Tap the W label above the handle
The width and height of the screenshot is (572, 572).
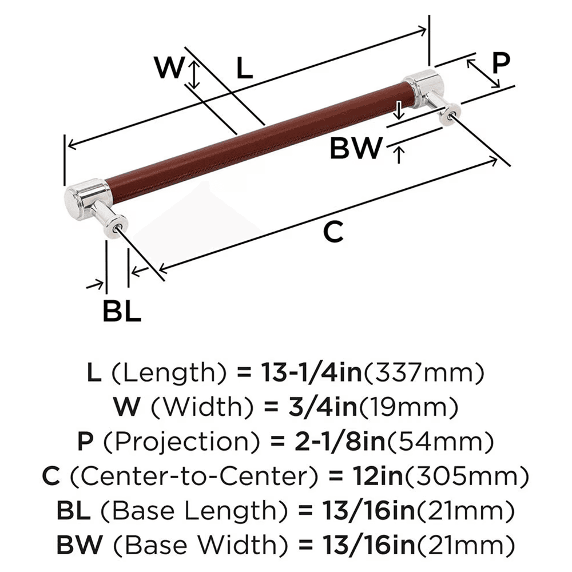(170, 69)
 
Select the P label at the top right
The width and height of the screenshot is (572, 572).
(500, 63)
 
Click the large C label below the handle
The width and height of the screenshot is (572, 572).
(333, 232)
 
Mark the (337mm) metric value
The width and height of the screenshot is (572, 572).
(424, 373)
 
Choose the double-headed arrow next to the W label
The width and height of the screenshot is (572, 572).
(195, 75)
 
